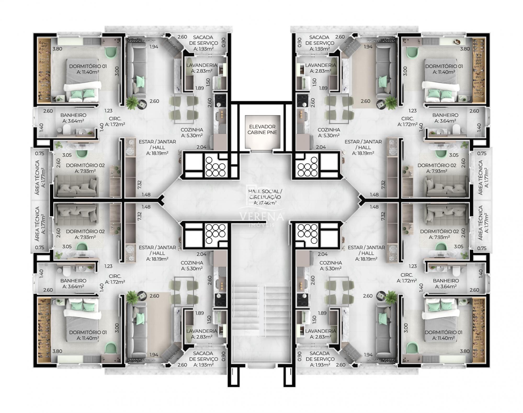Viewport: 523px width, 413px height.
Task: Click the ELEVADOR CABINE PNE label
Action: pos(262,129)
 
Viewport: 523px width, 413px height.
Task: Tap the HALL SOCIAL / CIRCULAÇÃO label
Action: pos(265,194)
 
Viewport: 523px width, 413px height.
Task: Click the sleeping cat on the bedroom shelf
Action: pos(456,41)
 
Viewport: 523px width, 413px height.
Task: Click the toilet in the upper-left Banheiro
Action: pos(66,129)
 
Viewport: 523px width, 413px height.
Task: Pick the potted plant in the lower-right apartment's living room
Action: pos(391,297)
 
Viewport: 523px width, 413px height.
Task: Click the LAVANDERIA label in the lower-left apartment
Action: pos(202,331)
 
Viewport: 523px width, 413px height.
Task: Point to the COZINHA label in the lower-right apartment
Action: pos(331,263)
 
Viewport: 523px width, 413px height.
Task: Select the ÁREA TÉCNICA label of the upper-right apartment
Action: pos(483,177)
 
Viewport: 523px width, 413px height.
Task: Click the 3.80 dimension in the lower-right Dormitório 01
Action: pos(465,351)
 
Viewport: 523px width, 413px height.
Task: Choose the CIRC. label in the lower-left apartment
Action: pos(115,276)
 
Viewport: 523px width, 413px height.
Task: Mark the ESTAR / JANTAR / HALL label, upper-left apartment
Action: pos(157,145)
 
